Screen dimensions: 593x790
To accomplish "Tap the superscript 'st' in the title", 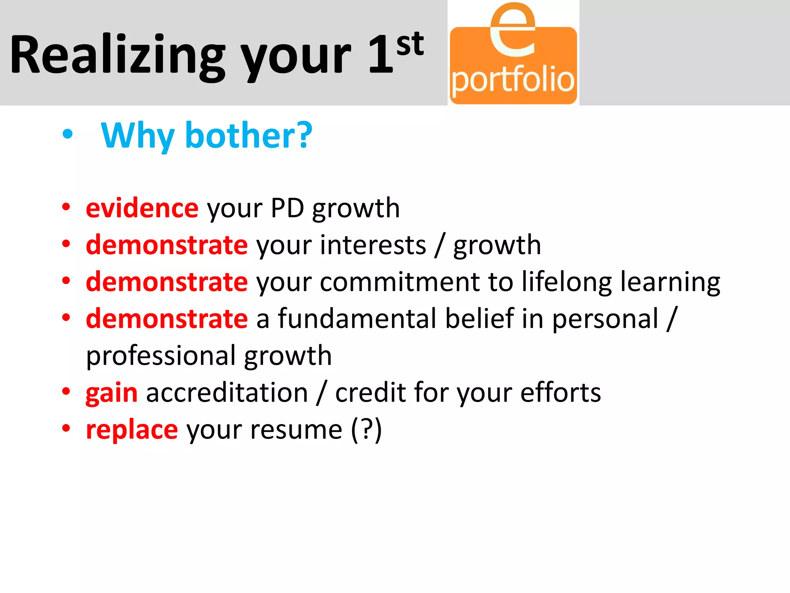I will [x=410, y=44].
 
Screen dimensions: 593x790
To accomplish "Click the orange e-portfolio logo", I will [x=513, y=54].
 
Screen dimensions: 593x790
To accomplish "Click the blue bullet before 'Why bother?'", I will [x=68, y=134].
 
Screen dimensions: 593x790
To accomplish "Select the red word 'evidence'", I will [x=142, y=208].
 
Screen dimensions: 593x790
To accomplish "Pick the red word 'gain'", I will [x=111, y=393].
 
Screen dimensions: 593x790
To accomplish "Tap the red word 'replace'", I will [x=132, y=430].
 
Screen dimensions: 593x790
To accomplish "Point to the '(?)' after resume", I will [x=366, y=429].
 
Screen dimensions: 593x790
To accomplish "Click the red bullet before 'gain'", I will [x=66, y=391].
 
